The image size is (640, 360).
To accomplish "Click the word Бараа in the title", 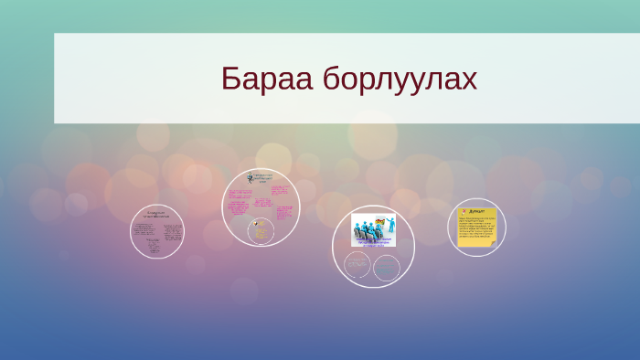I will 266,79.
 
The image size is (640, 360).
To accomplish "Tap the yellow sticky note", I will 477,228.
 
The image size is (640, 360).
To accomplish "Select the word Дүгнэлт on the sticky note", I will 481,212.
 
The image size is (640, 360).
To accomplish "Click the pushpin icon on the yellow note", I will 464,211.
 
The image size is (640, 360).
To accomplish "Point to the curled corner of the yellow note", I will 493,243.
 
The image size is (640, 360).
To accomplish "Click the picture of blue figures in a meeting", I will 373,228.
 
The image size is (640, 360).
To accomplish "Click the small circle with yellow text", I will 261,230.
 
